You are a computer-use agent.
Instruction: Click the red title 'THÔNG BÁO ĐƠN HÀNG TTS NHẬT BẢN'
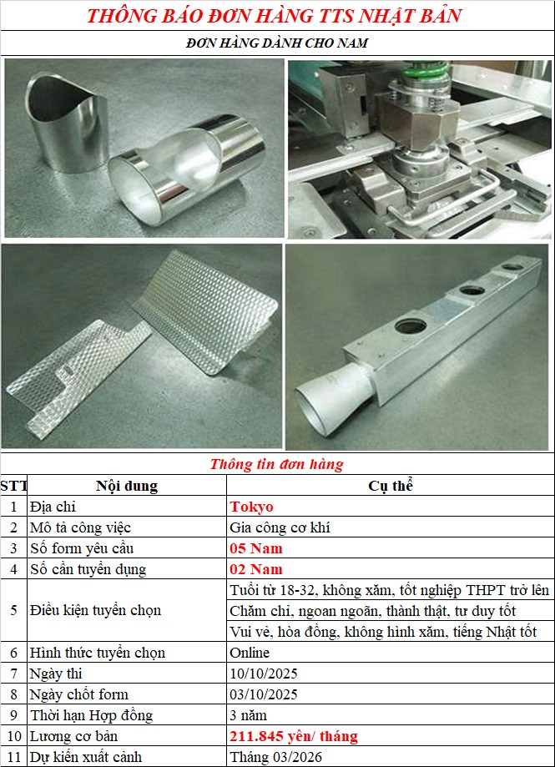pyautogui.click(x=275, y=16)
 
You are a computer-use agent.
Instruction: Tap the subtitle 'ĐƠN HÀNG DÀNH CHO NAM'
pyautogui.click(x=277, y=43)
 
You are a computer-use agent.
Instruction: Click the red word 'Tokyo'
pyautogui.click(x=252, y=507)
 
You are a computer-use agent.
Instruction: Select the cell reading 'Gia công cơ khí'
pyautogui.click(x=280, y=527)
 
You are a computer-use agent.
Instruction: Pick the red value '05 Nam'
pyautogui.click(x=256, y=548)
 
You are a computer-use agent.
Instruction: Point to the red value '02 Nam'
pyautogui.click(x=256, y=569)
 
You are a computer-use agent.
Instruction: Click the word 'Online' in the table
pyautogui.click(x=250, y=653)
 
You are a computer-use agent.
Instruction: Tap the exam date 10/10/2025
pyautogui.click(x=264, y=674)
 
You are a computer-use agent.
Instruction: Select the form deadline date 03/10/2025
pyautogui.click(x=264, y=694)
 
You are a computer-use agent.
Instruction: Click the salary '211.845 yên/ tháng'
pyautogui.click(x=294, y=736)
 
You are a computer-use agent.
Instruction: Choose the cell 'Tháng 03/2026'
pyautogui.click(x=275, y=757)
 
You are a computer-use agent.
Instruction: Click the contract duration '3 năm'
pyautogui.click(x=249, y=715)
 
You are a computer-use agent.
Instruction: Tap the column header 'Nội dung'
pyautogui.click(x=127, y=486)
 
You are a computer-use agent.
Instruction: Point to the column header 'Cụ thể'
pyautogui.click(x=391, y=485)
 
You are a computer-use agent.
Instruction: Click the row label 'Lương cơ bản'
pyautogui.click(x=73, y=736)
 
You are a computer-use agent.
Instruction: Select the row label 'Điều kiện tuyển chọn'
pyautogui.click(x=95, y=610)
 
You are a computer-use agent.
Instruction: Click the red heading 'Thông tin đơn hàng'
pyautogui.click(x=277, y=464)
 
